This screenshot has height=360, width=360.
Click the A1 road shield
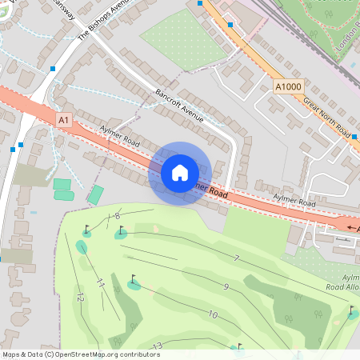pyautogui.click(x=64, y=119)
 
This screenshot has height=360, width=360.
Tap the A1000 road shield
pyautogui.click(x=288, y=86)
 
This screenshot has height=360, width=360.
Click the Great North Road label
pyautogui.click(x=326, y=117)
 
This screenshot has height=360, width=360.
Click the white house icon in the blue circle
pyautogui.click(x=180, y=172)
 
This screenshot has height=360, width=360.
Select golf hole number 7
pyautogui.click(x=236, y=258)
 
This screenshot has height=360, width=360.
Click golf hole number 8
pyautogui.click(x=118, y=216)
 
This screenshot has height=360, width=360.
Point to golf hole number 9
pyautogui.click(x=226, y=286)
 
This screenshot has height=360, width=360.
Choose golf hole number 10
pyautogui.click(x=213, y=314)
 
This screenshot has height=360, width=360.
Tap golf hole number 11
pyautogui.click(x=100, y=282)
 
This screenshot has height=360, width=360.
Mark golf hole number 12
pyautogui.click(x=80, y=297)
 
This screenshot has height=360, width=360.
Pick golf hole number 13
pyautogui.click(x=158, y=346)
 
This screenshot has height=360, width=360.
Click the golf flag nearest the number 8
pyautogui.click(x=122, y=231)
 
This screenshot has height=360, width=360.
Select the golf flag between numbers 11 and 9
pyautogui.click(x=133, y=280)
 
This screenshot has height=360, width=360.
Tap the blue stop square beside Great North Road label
pyautogui.click(x=354, y=137)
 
